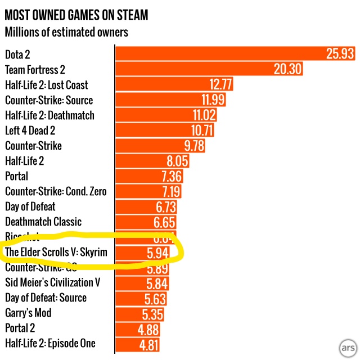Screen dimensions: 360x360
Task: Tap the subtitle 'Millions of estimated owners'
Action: (x=66, y=31)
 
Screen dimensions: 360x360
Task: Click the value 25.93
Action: (x=340, y=54)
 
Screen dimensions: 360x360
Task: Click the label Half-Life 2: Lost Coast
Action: (x=47, y=85)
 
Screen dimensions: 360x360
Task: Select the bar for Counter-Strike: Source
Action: (x=169, y=100)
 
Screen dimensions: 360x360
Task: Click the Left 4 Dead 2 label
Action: (x=38, y=130)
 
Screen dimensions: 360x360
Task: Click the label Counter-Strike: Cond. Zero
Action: (x=56, y=191)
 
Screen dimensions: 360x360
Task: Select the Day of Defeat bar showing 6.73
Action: (x=146, y=207)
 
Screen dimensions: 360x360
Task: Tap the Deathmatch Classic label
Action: (x=43, y=222)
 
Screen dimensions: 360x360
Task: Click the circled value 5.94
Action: (x=159, y=252)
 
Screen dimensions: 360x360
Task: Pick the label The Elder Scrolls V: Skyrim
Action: (x=56, y=252)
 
